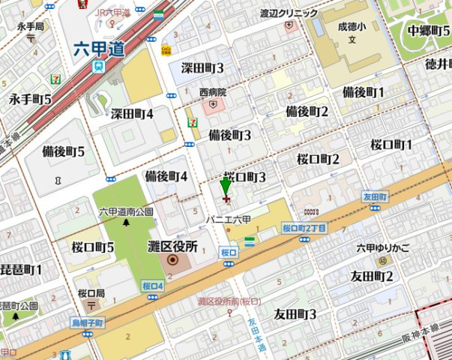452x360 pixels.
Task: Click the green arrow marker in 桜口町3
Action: point(226,187)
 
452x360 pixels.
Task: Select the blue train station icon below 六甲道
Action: point(98,66)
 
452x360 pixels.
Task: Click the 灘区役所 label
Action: point(172,246)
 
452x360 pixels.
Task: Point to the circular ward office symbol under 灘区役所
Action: point(173,261)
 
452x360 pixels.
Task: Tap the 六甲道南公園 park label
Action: point(126,211)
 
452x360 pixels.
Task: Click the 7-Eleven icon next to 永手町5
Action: point(55,79)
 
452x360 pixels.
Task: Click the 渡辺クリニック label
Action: point(289,13)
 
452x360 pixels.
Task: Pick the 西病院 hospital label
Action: point(213,92)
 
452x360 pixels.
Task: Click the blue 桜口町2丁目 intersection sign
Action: point(304,227)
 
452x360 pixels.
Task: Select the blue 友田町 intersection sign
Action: point(374,196)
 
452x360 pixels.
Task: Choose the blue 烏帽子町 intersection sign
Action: point(86,322)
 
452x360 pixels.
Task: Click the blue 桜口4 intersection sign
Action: point(152,286)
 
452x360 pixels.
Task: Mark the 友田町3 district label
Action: point(295,313)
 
